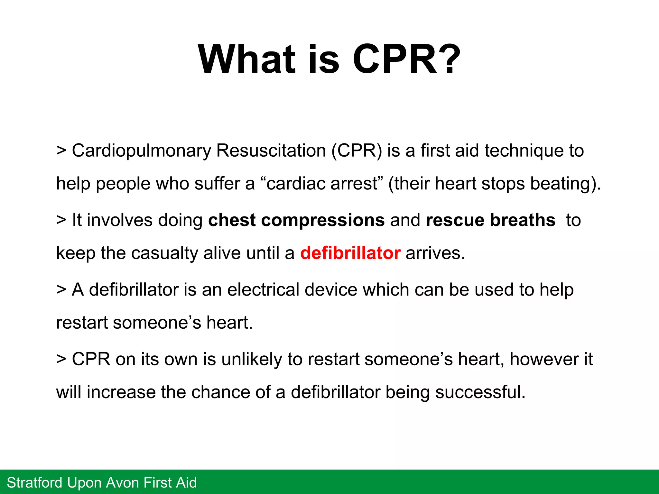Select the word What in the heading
246,59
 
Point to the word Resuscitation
271,151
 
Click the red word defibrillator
350,253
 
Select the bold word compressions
323,220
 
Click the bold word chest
232,220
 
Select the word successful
480,392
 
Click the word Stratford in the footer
35,483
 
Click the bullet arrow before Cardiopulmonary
61,151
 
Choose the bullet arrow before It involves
61,220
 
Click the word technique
524,151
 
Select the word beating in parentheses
561,184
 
